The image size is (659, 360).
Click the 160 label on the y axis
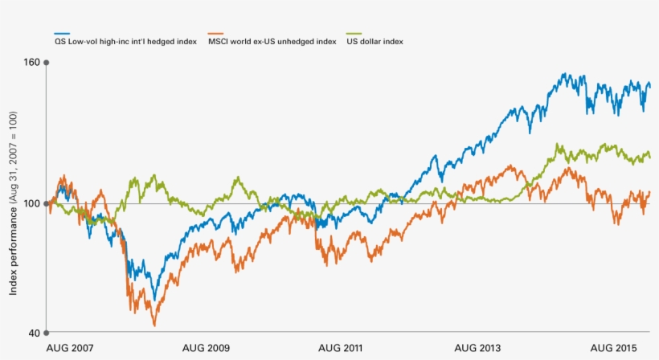coord(31,61)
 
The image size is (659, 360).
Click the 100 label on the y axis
coord(31,203)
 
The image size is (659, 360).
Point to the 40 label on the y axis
coord(33,333)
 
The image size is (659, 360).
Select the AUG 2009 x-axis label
coord(206,348)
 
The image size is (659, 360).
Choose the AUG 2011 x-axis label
coord(342,348)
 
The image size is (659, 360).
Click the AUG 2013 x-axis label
coord(477,348)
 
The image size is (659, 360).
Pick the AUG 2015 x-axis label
coord(614,348)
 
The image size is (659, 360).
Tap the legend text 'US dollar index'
coord(375,41)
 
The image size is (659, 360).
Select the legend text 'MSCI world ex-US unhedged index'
coord(271,41)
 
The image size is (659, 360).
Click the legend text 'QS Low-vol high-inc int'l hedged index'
coord(131,41)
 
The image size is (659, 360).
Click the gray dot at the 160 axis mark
coord(47,62)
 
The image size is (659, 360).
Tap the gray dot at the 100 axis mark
coord(47,203)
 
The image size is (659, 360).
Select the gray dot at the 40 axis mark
coord(47,333)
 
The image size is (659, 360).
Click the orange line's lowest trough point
coord(154,325)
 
